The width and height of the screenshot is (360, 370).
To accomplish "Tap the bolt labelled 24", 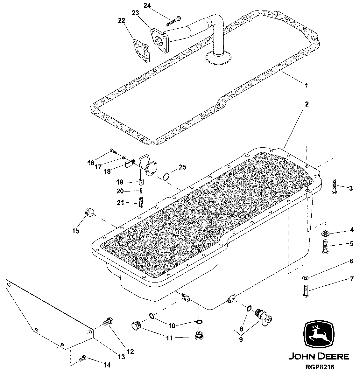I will [173, 21].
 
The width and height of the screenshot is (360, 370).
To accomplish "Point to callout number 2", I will [307, 104].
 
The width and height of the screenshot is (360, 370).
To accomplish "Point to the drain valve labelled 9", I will [264, 316].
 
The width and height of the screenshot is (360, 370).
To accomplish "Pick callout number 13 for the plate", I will [121, 357].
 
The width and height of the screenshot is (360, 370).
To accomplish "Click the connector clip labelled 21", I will [141, 202].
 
